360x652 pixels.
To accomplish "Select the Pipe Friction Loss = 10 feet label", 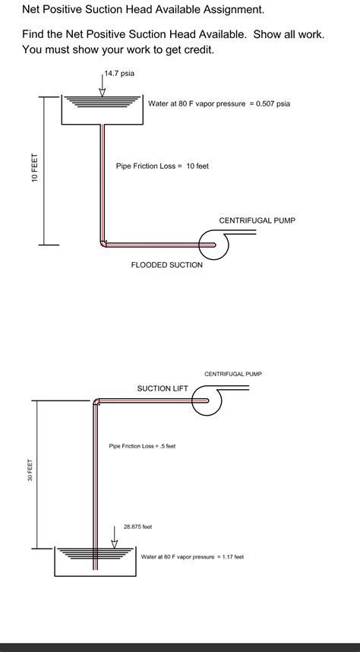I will pyautogui.click(x=162, y=166).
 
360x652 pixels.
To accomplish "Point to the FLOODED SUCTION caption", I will pyautogui.click(x=167, y=265).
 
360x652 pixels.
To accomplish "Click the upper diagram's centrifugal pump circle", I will pyautogui.click(x=207, y=245).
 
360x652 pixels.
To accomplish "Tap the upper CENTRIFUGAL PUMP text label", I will pyautogui.click(x=257, y=220).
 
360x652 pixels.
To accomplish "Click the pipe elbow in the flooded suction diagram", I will pyautogui.click(x=103, y=243).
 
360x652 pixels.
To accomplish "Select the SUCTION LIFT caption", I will pyautogui.click(x=162, y=388).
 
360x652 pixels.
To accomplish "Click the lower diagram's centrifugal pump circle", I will pyautogui.click(x=203, y=401).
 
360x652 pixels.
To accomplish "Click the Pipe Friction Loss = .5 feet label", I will pyautogui.click(x=142, y=446).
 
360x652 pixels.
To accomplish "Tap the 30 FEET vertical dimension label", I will pyautogui.click(x=30, y=470).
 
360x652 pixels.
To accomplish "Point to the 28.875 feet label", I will pyautogui.click(x=138, y=526).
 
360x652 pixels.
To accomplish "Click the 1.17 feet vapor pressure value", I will pyautogui.click(x=232, y=557).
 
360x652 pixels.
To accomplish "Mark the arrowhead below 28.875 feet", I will pyautogui.click(x=115, y=543).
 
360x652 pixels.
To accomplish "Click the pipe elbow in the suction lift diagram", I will pyautogui.click(x=96, y=401).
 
